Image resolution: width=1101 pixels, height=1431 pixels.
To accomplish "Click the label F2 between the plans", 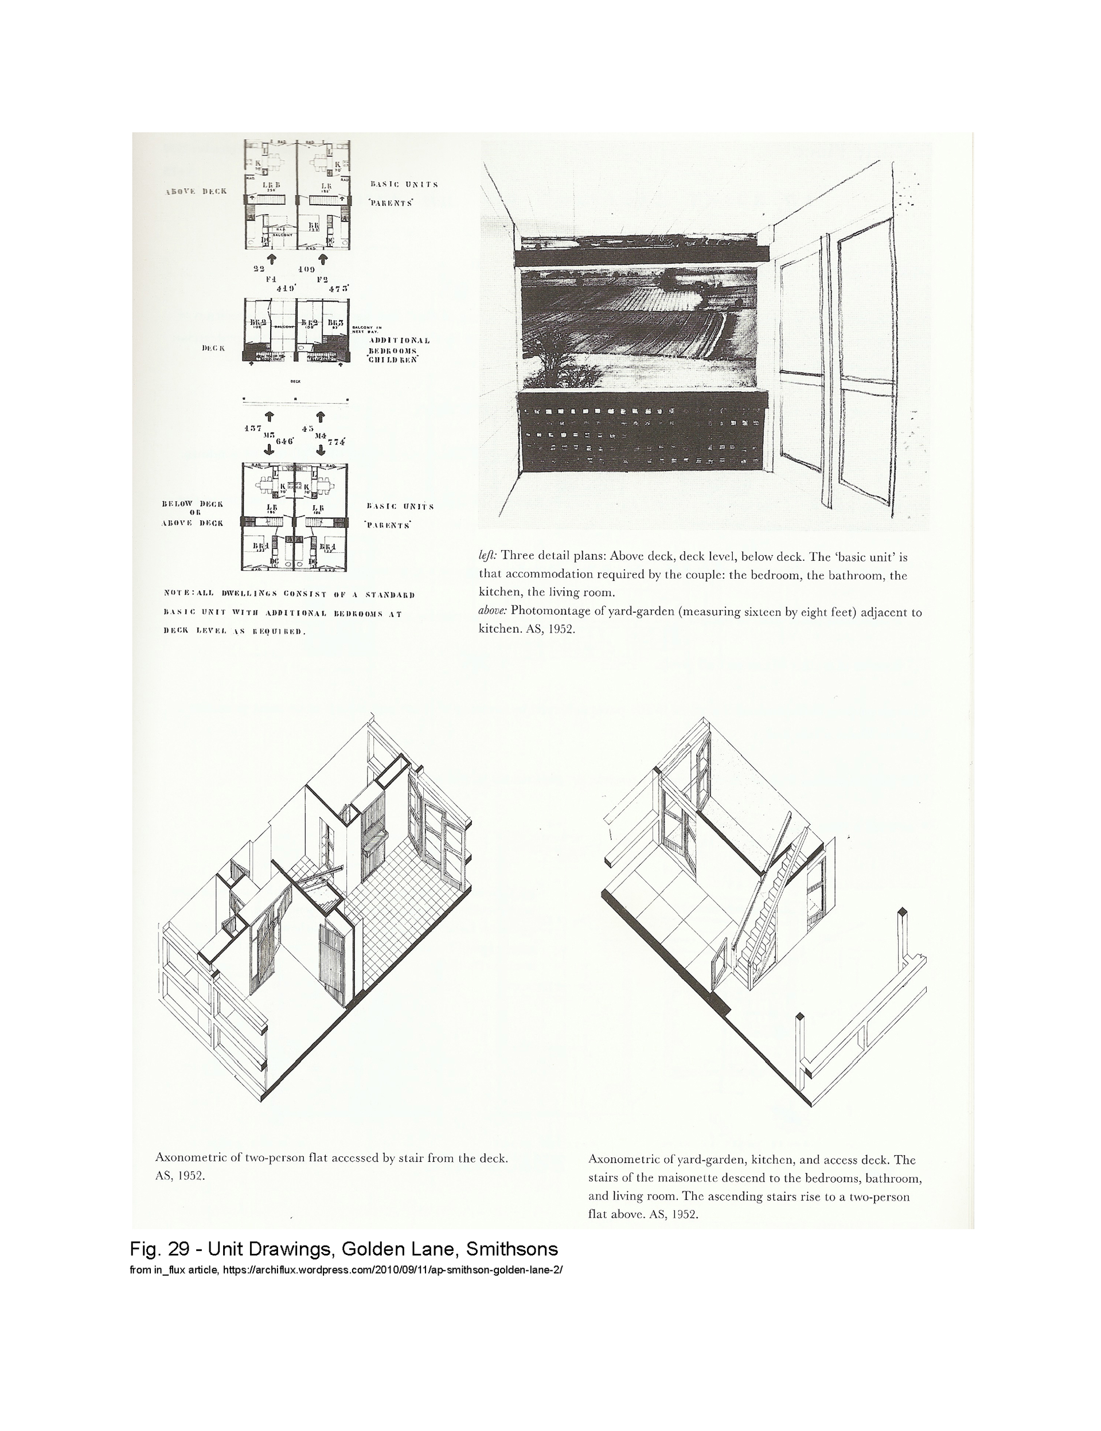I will (x=322, y=279).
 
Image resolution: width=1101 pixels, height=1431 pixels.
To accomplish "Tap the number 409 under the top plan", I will (x=306, y=268).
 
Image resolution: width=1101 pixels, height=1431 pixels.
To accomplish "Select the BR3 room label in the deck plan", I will (x=335, y=323).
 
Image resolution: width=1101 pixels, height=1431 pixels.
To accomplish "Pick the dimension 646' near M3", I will (x=284, y=441).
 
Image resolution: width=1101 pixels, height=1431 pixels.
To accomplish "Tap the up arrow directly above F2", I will (x=322, y=259).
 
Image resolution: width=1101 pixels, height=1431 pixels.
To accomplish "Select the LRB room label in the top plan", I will (x=271, y=185).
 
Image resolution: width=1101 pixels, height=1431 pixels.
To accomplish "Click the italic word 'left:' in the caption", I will (x=488, y=556).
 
